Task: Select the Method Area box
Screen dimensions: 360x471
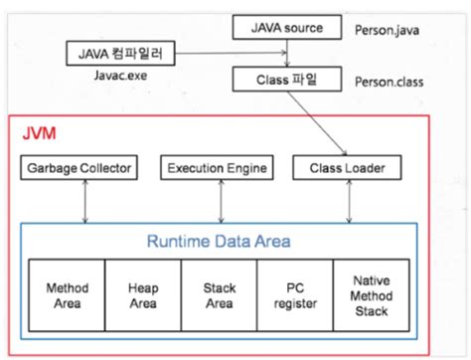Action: click(68, 294)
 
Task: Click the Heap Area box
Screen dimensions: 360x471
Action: click(142, 294)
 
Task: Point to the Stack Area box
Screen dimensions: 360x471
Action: click(218, 294)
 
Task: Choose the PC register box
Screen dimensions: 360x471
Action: click(293, 294)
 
